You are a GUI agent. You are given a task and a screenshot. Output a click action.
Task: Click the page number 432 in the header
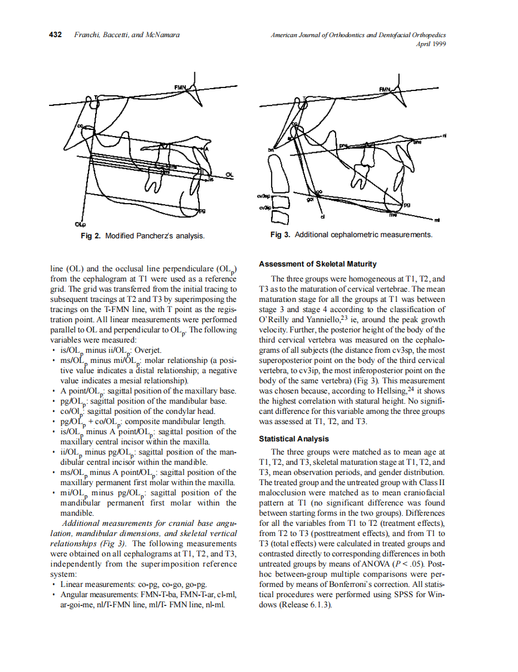[x=55, y=35]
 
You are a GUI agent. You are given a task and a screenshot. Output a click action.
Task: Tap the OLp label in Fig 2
[x=80, y=225]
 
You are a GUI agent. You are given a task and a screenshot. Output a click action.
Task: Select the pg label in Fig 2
[x=202, y=210]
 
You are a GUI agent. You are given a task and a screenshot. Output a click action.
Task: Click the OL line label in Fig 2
[x=229, y=174]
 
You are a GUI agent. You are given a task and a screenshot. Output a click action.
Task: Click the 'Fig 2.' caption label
[x=91, y=236]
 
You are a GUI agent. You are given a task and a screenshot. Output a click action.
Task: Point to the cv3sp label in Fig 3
[x=264, y=196]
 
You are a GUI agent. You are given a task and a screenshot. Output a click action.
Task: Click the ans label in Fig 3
[x=417, y=143]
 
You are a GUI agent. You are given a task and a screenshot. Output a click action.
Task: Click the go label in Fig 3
[x=319, y=192]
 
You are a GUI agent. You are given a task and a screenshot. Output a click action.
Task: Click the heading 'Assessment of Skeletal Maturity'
[x=318, y=264]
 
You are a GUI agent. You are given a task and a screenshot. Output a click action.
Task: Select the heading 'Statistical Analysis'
[x=293, y=439]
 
